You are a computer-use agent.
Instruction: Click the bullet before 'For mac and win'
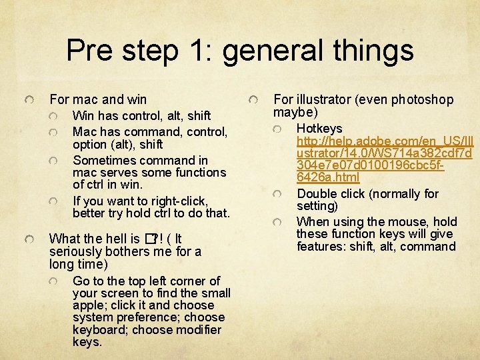(x=27, y=99)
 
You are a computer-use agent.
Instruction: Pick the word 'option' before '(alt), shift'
(x=89, y=144)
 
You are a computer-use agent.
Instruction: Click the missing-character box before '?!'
(x=149, y=239)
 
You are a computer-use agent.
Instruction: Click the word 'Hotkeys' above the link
(x=319, y=128)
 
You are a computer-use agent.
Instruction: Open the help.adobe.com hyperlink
(x=384, y=153)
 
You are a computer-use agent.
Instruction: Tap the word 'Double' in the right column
(x=317, y=194)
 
